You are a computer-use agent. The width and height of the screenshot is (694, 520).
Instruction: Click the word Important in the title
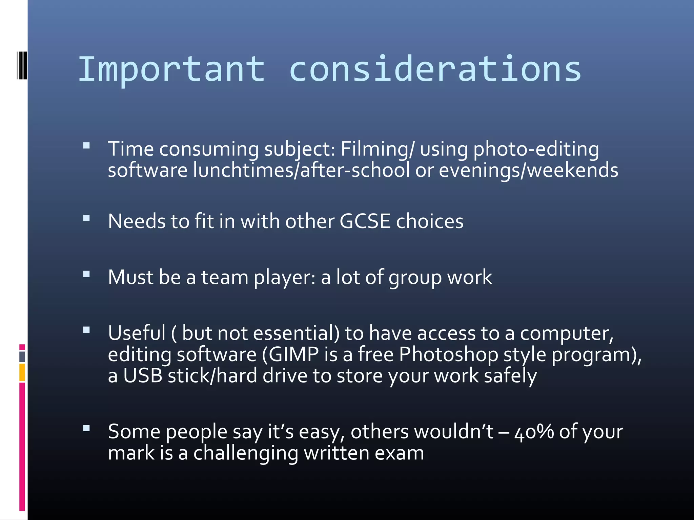[x=171, y=69]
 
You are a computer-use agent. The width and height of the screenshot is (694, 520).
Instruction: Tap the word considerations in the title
[x=435, y=69]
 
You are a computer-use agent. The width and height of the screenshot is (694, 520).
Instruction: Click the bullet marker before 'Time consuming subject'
[x=86, y=146]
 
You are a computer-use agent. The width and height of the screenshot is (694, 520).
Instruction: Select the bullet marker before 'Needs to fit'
[x=86, y=218]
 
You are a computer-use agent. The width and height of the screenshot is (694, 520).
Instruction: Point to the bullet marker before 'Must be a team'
[x=86, y=274]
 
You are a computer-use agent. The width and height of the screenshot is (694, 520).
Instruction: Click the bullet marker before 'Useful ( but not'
[x=86, y=330]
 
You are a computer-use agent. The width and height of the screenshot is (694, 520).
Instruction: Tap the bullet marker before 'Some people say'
[x=86, y=429]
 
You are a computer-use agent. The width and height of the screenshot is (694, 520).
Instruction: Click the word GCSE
[x=365, y=221]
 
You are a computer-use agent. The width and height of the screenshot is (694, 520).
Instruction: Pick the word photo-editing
[x=536, y=149]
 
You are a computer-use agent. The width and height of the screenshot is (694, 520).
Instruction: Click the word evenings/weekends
[x=528, y=170]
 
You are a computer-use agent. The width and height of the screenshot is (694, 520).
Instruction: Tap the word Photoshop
[x=448, y=354]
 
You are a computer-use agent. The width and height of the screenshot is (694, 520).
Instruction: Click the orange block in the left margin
[x=22, y=372]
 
